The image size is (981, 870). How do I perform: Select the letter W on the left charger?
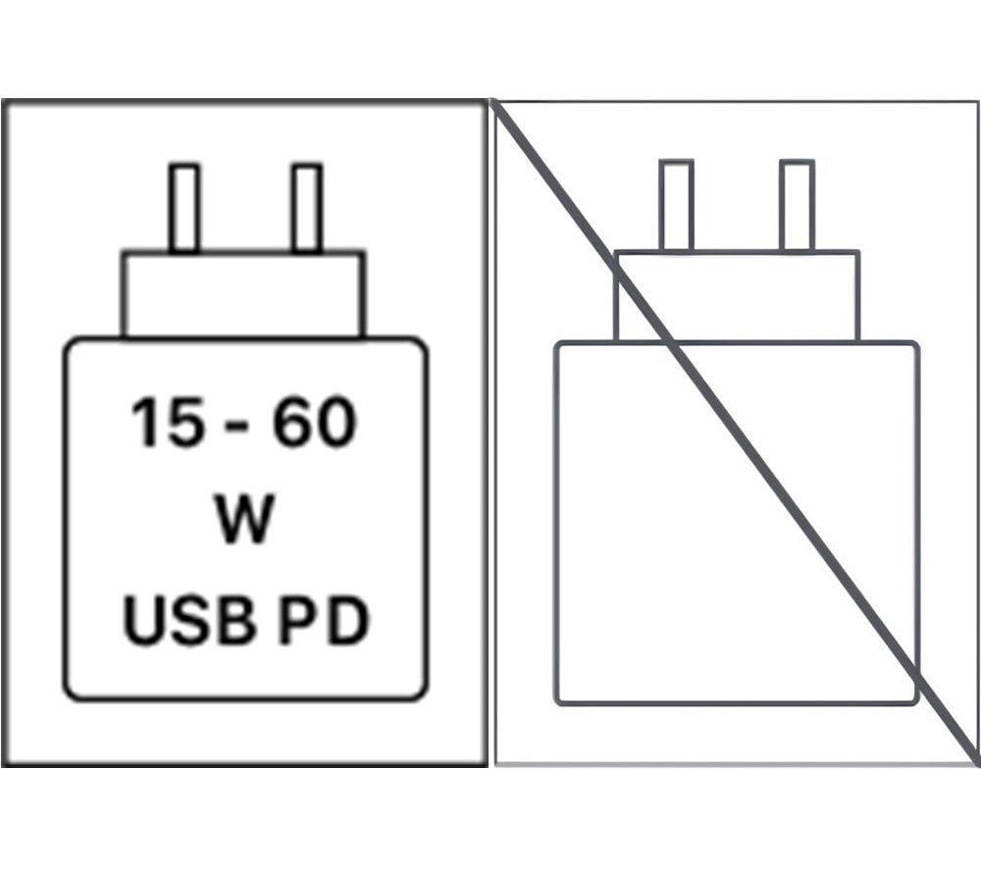(x=244, y=519)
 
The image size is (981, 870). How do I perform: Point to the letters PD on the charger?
(x=324, y=620)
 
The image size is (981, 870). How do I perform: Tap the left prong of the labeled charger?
(x=184, y=208)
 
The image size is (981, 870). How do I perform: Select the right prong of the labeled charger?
(x=307, y=208)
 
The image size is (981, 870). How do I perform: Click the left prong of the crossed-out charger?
(x=676, y=205)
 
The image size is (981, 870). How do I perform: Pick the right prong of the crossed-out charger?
(x=797, y=205)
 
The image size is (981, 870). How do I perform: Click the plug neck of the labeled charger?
(x=243, y=294)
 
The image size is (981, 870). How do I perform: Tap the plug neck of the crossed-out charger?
(x=737, y=296)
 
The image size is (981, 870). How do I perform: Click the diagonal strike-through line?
(x=735, y=433)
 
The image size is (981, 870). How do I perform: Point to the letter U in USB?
(x=146, y=621)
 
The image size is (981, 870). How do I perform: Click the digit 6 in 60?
(x=293, y=422)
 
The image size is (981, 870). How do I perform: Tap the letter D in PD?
(x=348, y=620)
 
